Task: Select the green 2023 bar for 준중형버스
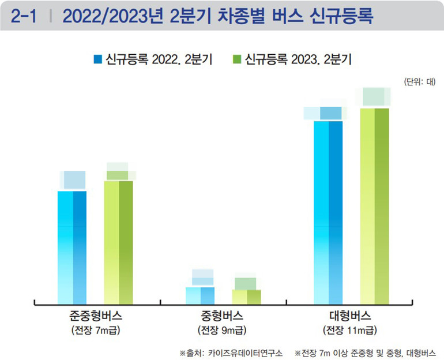tap(118, 242)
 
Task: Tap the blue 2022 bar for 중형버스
tap(200, 295)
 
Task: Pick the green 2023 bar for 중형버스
tap(246, 296)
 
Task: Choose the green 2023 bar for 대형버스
tap(375, 205)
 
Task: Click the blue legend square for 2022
tap(97, 59)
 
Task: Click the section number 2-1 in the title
tap(23, 16)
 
